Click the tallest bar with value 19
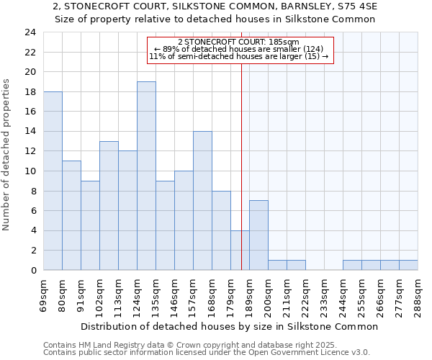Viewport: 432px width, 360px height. (146, 176)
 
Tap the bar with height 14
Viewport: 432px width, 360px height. (202, 200)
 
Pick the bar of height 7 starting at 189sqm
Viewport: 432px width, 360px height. (258, 235)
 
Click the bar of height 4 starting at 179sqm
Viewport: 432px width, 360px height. (240, 250)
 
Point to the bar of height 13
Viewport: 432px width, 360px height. (109, 205)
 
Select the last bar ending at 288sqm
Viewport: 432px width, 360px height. (408, 265)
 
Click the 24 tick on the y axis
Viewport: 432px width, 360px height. (30, 32)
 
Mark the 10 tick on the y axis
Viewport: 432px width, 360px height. (30, 171)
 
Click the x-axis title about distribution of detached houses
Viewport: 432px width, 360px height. (230, 326)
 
